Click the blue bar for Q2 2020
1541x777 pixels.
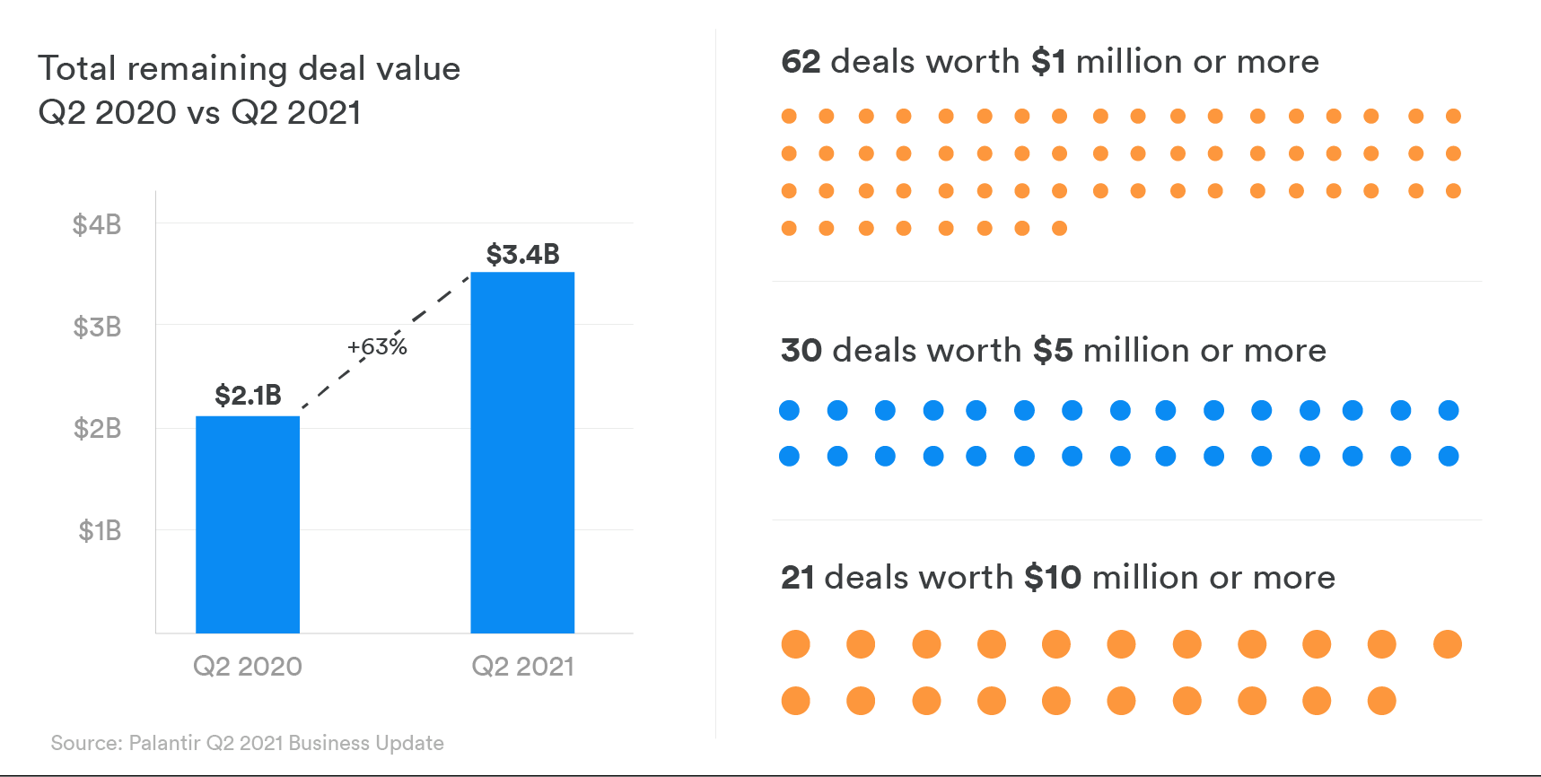(x=248, y=524)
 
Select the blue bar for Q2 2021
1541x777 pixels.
(x=522, y=452)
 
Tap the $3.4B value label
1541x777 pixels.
(x=522, y=255)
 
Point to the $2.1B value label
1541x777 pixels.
(x=248, y=396)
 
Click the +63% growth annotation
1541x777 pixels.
(x=377, y=347)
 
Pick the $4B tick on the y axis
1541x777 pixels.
(x=97, y=224)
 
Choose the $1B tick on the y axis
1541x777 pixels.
(x=99, y=531)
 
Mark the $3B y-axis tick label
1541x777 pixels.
(x=97, y=327)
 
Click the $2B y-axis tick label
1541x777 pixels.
(x=97, y=429)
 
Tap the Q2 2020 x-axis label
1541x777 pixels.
(x=248, y=667)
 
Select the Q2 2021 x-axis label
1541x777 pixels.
(x=522, y=667)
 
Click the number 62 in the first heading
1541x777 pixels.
(x=801, y=62)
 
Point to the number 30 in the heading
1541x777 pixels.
(x=801, y=351)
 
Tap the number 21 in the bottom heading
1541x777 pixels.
(x=797, y=578)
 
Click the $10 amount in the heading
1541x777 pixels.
(x=1052, y=578)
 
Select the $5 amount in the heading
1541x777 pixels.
(x=1052, y=351)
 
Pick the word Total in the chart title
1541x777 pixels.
(x=77, y=69)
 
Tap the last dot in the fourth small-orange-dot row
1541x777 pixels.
(x=1059, y=229)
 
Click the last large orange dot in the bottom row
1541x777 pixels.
(x=1381, y=701)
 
